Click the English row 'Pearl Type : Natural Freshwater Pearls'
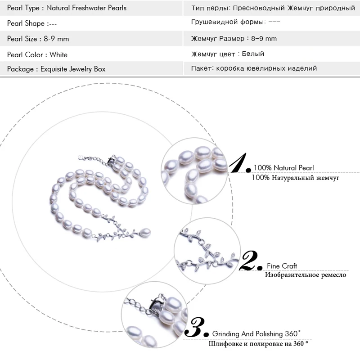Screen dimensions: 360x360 pos(67,8)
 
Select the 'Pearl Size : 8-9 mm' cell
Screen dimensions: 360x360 pos(38,39)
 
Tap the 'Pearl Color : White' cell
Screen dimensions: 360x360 pos(37,54)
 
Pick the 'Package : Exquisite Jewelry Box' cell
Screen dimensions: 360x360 pos(56,69)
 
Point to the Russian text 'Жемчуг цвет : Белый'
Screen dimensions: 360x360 pos(227,54)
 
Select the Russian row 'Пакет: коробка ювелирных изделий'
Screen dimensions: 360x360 pos(254,68)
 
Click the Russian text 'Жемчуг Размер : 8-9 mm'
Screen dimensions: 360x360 pos(234,39)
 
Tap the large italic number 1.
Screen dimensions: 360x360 pos(239,162)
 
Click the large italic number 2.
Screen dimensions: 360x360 pos(250,261)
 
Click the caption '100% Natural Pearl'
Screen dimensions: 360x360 pos(283,168)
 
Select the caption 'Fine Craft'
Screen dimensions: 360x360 pos(282,266)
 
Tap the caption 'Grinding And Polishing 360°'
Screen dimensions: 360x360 pos(256,334)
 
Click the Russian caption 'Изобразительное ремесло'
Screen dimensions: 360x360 pos(305,274)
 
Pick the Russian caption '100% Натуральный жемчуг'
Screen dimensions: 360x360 pos(296,177)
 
